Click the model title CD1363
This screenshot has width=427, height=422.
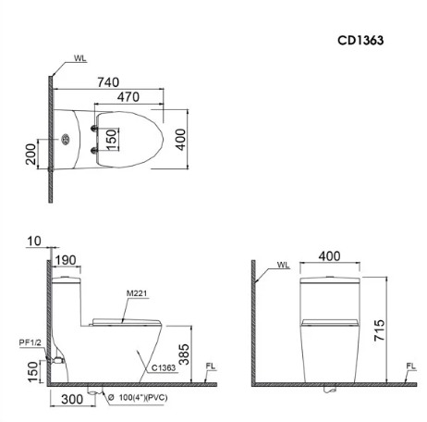[x=360, y=41]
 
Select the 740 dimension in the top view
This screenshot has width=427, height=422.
[x=108, y=82]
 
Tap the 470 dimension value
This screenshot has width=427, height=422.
[x=128, y=97]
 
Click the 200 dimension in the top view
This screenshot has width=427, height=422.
[x=30, y=154]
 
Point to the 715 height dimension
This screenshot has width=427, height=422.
[x=380, y=330]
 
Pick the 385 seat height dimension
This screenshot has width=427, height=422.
[x=184, y=354]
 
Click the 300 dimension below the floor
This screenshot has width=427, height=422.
[x=72, y=399]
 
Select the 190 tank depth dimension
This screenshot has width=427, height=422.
[x=66, y=260]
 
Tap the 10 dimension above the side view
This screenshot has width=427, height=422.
[x=34, y=242]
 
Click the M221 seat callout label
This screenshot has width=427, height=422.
[x=137, y=293]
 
